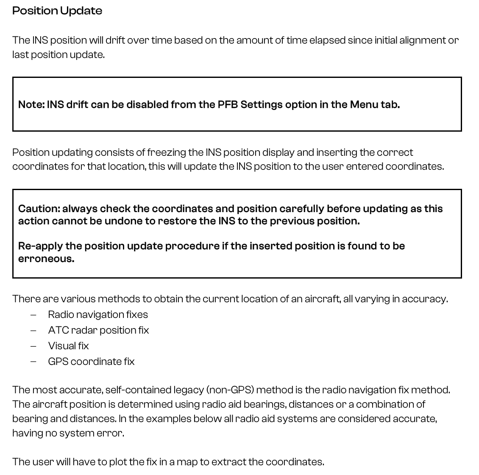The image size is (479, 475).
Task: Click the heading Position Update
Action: click(57, 11)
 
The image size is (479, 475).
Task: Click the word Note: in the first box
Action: click(31, 105)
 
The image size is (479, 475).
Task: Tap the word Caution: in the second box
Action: click(39, 209)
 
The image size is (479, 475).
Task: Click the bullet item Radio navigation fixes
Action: click(98, 315)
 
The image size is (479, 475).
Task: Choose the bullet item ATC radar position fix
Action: click(98, 330)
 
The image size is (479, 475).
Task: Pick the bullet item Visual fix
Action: click(68, 346)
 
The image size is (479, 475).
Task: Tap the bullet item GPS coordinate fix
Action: click(91, 362)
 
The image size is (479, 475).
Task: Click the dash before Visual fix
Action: click(33, 346)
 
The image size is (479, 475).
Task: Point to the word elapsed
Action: click(327, 40)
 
